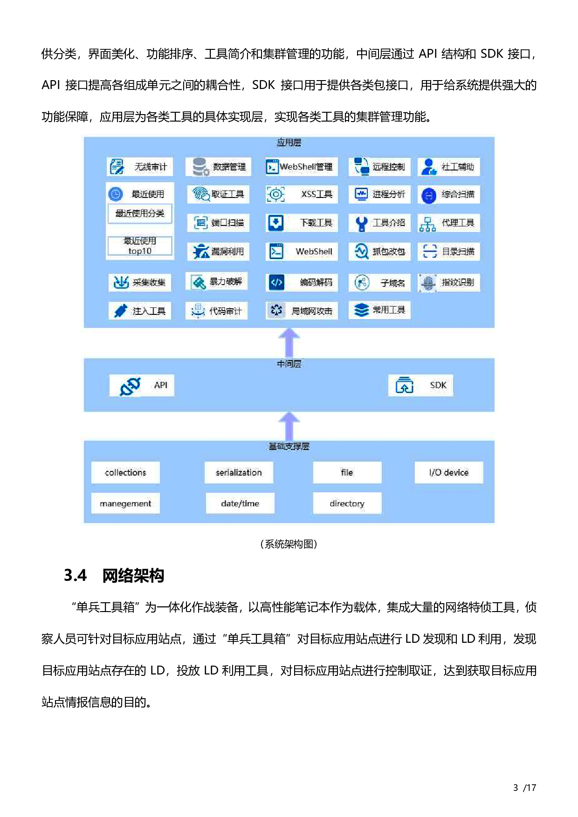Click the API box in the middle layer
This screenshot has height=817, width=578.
pos(142,386)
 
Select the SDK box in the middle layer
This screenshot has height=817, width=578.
pos(420,386)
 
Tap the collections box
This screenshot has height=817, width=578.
pos(125,473)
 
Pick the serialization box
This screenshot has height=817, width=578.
pos(239,473)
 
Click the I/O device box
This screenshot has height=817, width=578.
pos(448,473)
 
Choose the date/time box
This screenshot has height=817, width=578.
pos(240,504)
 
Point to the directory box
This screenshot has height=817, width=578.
pos(347,504)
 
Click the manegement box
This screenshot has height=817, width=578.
pos(125,504)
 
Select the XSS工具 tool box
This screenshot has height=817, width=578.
pos(301,194)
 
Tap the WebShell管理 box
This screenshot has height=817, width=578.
pos(301,167)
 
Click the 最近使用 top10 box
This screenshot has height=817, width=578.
pos(140,246)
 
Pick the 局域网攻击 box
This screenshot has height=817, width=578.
pos(302,311)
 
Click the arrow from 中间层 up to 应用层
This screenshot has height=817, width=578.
pos(289,343)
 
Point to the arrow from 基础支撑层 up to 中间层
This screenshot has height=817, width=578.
pos(289,426)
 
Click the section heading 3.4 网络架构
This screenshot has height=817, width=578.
pos(114,576)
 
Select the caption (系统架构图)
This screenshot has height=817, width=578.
pos(289,544)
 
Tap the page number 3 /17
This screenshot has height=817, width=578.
pos(524,788)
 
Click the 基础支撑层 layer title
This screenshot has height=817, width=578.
pos(289,447)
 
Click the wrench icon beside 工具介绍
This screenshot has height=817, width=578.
pos(361,224)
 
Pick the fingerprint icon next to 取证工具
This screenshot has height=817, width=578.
pos(201,194)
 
